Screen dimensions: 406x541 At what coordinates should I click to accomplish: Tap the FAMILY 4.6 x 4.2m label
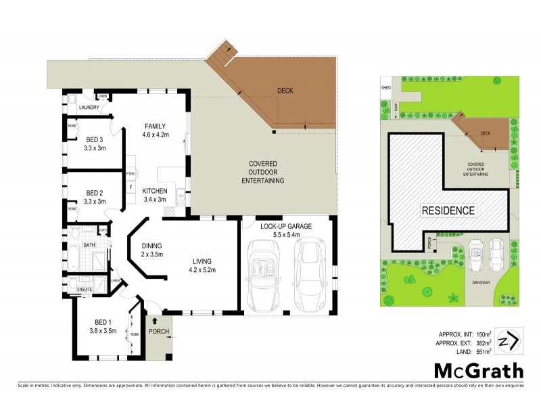160,130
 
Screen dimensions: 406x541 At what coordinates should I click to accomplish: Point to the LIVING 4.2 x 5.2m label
203,265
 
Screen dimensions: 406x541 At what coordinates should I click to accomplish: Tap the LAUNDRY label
89,108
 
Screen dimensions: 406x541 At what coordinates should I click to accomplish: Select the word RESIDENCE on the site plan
449,210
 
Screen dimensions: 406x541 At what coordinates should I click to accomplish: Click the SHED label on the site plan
387,87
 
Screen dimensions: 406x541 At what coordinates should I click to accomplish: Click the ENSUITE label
85,289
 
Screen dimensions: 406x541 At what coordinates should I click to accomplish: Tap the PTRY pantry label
130,174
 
